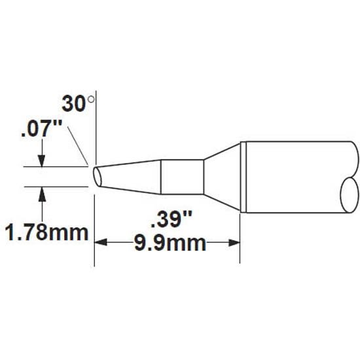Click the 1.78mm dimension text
coord(47,232)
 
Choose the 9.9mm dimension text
coord(170,243)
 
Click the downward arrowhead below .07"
coord(41,161)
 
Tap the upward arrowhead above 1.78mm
coord(42,193)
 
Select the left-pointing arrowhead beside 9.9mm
coord(101,242)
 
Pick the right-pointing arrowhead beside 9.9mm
coord(234,242)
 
